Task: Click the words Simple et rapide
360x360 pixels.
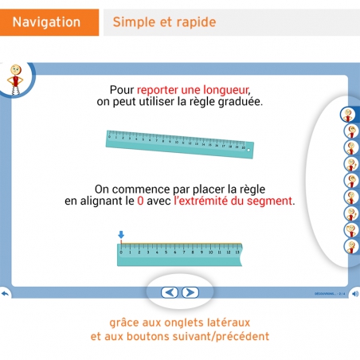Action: coord(164,22)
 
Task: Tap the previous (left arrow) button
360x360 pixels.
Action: coord(170,292)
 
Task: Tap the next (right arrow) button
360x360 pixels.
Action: coord(190,292)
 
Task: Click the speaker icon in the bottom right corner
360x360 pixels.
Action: coord(355,292)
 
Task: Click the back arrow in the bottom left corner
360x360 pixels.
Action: coord(5,292)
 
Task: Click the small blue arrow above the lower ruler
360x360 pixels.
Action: coord(121,235)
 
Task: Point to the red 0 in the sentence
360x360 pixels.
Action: coord(141,202)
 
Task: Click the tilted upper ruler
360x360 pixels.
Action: coord(180,141)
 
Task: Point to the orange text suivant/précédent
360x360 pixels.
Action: coord(225,336)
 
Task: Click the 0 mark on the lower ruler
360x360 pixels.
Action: coord(121,251)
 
